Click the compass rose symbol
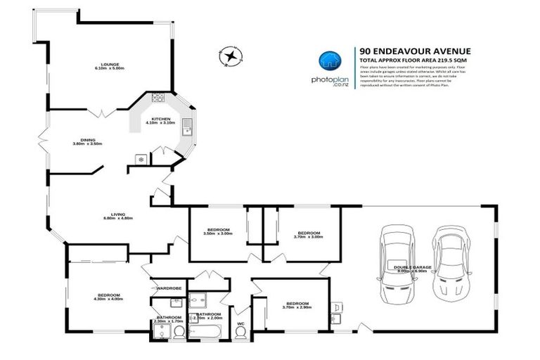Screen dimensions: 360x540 [229, 55]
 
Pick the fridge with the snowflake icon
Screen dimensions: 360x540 [140, 159]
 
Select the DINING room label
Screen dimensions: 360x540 [87, 141]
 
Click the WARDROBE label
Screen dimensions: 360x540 [169, 288]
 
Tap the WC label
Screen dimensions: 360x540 [242, 323]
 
